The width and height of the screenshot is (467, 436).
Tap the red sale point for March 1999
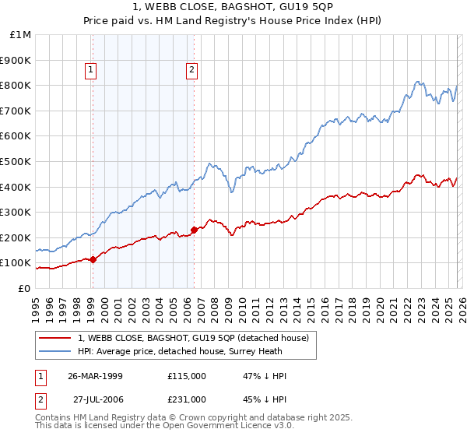pos(93,259)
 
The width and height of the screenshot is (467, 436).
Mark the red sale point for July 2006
pos(194,230)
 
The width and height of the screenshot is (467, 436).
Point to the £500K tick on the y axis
pos(16,161)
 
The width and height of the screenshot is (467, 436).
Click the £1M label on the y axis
pos(21,35)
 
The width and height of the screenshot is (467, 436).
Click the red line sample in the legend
pos(55,338)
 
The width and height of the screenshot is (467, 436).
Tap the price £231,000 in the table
pos(186,399)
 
